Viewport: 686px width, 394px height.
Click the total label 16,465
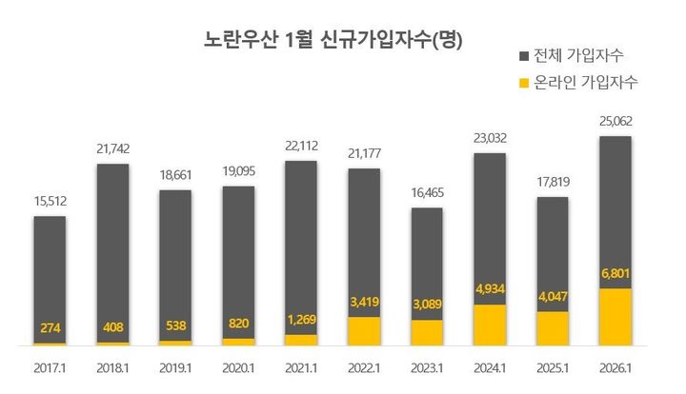(x=428, y=192)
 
